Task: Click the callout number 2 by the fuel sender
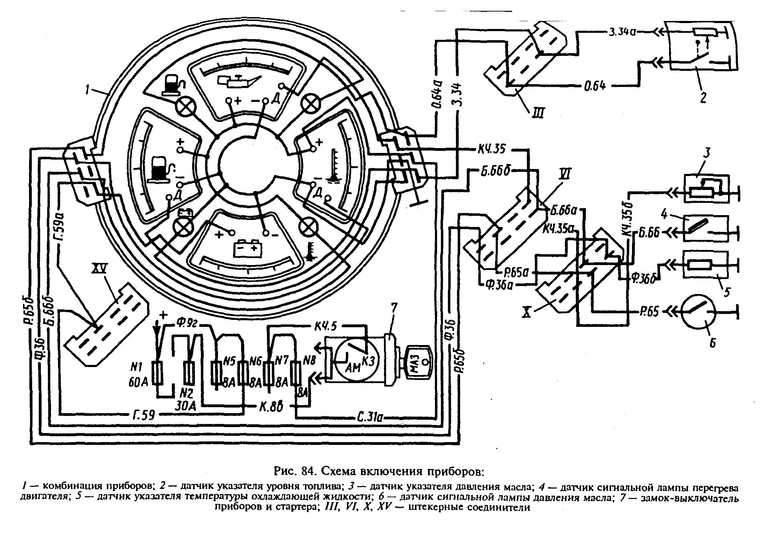click(x=703, y=97)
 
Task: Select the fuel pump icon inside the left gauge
click(x=160, y=169)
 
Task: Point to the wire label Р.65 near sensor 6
click(x=650, y=311)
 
